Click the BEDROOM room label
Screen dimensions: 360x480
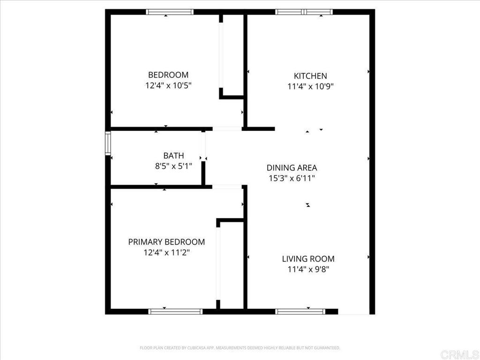click(168, 75)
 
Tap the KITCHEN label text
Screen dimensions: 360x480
click(310, 76)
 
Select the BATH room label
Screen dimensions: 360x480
click(173, 156)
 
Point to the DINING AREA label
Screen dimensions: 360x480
click(292, 168)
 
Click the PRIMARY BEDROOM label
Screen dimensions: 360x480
click(166, 242)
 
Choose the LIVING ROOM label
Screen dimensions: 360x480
click(308, 259)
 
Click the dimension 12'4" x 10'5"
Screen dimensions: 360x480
click(168, 86)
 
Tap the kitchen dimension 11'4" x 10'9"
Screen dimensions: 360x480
click(310, 87)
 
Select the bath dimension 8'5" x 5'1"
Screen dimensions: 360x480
click(173, 166)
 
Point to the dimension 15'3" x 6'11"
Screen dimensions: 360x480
click(292, 178)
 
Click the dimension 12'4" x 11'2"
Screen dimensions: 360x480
click(166, 253)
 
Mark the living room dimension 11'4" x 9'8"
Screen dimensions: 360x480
click(308, 270)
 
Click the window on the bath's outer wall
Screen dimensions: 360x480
click(107, 143)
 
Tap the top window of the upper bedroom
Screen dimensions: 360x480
click(170, 12)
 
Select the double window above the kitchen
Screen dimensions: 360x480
click(304, 12)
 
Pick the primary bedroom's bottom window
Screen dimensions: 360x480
click(175, 311)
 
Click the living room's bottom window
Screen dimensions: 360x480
click(300, 311)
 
